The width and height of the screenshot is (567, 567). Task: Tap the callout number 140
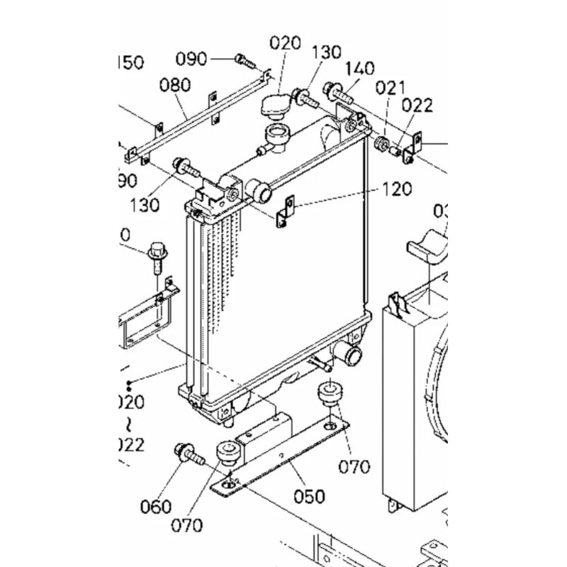[x=359, y=69]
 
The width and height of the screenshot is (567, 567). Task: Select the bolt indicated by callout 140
[x=338, y=91]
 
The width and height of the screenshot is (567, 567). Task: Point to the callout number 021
[x=390, y=88]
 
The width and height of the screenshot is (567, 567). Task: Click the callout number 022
[x=417, y=106]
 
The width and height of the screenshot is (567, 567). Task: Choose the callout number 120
[x=395, y=189]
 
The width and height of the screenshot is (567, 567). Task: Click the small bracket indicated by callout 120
[x=285, y=212]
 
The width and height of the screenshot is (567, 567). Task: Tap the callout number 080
[x=174, y=86]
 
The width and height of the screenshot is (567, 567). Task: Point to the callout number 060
[x=156, y=506]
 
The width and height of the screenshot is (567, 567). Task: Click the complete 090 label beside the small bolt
[x=191, y=58]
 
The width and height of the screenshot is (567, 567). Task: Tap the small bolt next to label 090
[x=245, y=61]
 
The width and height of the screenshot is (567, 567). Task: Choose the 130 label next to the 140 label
[x=326, y=52]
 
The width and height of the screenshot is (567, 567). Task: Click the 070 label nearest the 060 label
[x=186, y=525]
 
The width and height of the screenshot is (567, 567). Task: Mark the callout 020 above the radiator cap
[x=285, y=43]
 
